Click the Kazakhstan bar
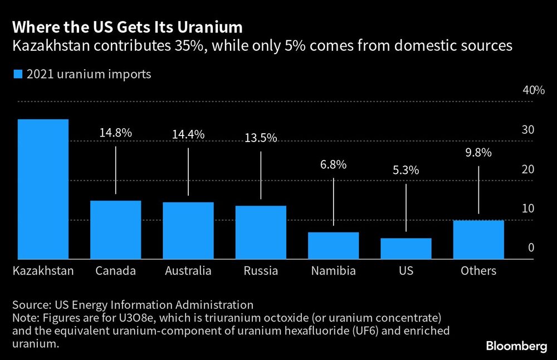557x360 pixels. pyautogui.click(x=43, y=189)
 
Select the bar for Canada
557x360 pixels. pyautogui.click(x=116, y=230)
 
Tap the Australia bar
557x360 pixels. pyautogui.click(x=188, y=231)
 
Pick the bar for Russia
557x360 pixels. pyautogui.click(x=261, y=232)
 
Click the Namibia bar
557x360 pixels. pyautogui.click(x=333, y=246)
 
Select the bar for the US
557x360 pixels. pyautogui.click(x=406, y=249)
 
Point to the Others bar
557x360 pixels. pyautogui.click(x=478, y=240)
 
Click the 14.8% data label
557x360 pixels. pyautogui.click(x=116, y=133)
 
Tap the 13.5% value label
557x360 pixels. pyautogui.click(x=261, y=138)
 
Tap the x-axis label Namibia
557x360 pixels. pyautogui.click(x=333, y=271)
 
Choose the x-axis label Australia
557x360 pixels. pyautogui.click(x=188, y=271)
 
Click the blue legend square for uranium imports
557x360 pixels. pyautogui.click(x=17, y=74)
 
